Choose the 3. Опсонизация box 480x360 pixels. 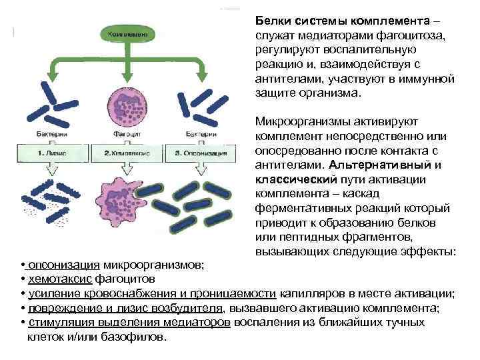coord(200,153)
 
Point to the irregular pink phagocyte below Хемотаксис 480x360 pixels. coord(125,199)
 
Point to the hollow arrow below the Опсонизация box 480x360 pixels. coord(200,169)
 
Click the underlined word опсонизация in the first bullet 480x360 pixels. coord(59,265)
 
